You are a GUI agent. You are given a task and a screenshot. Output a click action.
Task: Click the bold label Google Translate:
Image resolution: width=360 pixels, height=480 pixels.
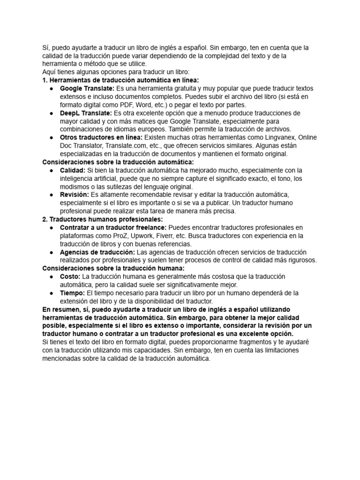[87, 89]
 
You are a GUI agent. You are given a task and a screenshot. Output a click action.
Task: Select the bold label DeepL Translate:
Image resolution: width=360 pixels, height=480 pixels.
[86, 113]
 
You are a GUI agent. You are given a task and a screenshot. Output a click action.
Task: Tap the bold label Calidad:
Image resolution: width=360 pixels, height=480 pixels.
[73, 170]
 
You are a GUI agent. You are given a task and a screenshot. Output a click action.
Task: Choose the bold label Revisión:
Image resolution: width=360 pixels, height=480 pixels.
[75, 195]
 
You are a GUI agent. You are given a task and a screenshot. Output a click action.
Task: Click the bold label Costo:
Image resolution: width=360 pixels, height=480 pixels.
[70, 277]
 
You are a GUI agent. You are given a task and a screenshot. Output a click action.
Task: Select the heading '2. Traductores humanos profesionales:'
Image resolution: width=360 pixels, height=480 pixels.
[103, 219]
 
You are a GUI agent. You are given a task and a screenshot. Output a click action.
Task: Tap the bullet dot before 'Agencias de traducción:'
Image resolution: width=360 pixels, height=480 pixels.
[51, 252]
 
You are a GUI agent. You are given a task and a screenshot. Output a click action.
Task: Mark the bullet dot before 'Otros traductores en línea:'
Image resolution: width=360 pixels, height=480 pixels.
[51, 137]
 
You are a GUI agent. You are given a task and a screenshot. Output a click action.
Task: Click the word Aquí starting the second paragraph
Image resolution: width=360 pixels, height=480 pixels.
[49, 72]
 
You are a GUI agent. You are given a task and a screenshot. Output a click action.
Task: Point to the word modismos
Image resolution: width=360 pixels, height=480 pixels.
[75, 187]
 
